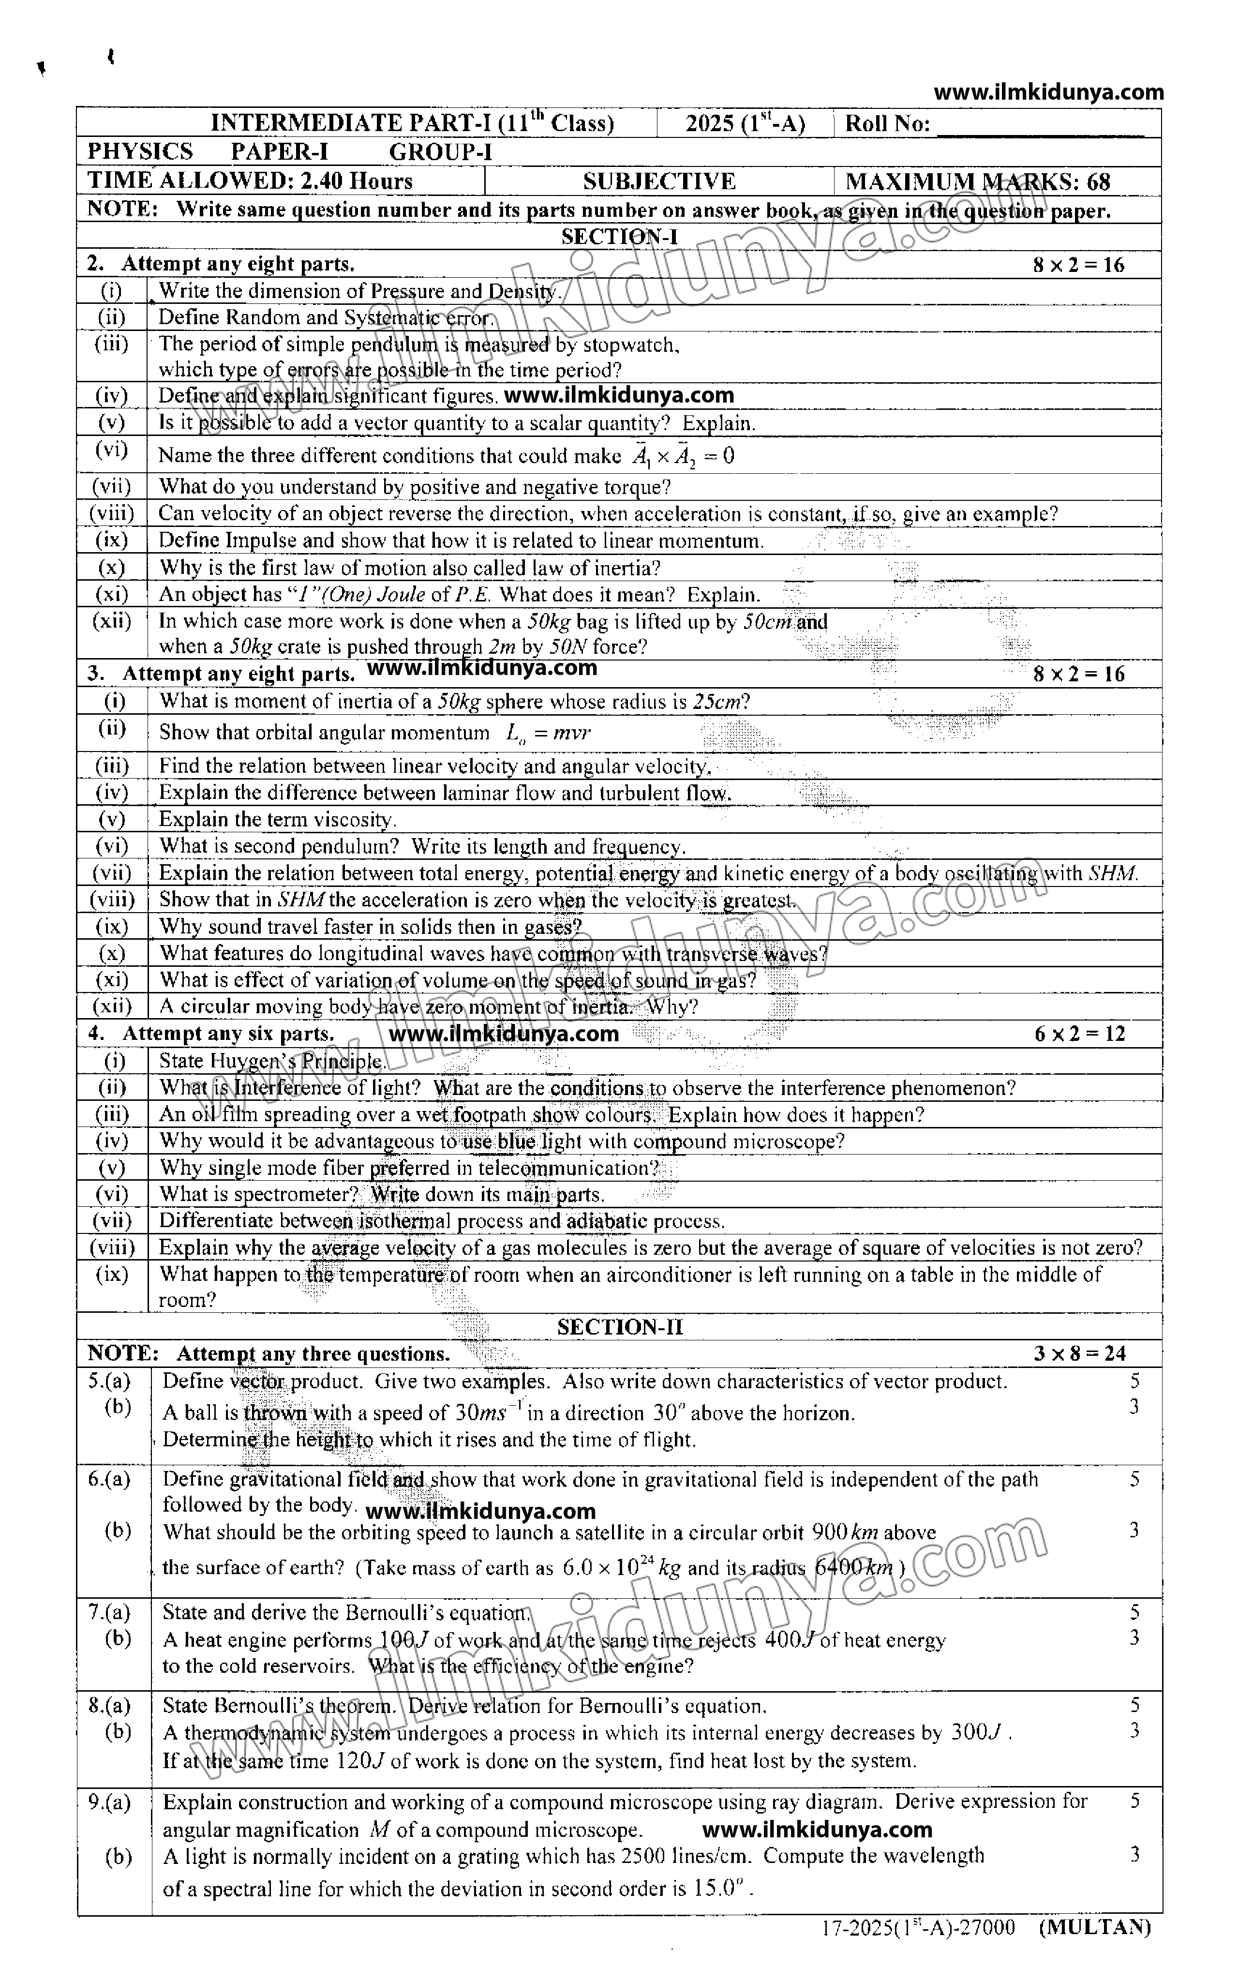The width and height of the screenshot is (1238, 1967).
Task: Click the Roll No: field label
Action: [887, 124]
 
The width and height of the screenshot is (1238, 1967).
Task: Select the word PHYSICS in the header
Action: [140, 152]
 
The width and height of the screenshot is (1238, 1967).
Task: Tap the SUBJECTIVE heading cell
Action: [659, 181]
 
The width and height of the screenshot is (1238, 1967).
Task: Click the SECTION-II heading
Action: [620, 1327]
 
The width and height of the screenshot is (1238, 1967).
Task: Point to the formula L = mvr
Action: [548, 733]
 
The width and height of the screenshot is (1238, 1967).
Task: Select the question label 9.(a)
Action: [109, 1801]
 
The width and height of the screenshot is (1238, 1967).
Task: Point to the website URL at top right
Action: [1048, 92]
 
